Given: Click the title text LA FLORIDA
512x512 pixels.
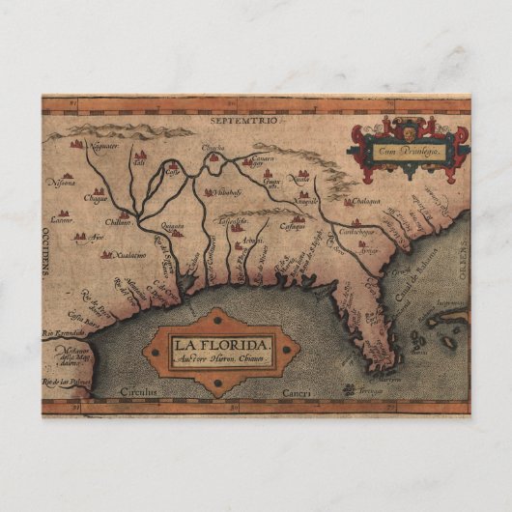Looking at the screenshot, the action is pos(222,343).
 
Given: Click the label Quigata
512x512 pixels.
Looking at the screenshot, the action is pos(173,231).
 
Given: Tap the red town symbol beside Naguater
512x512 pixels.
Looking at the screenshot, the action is pos(75,144).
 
